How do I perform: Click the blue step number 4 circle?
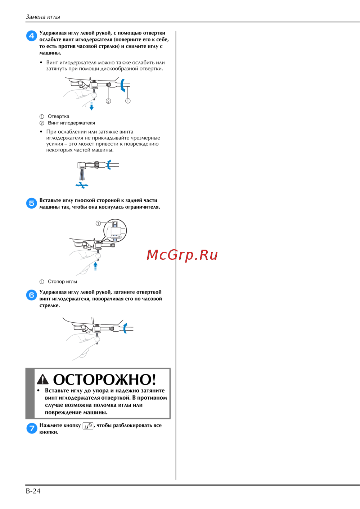pos(32,36)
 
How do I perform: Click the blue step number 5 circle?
pos(32,203)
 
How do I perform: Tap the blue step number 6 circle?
pos(32,295)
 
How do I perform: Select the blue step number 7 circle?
pos(32,428)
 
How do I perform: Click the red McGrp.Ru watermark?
pos(182,255)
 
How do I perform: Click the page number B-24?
pos(33,491)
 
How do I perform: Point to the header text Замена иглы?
pos(43,17)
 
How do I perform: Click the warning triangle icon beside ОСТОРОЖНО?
pos(42,380)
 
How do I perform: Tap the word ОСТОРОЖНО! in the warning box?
pos(104,379)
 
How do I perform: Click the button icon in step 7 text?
pos(88,426)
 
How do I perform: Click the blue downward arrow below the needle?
pos(91,106)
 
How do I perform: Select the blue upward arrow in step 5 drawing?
pos(95,266)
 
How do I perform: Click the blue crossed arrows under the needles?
pos(82,185)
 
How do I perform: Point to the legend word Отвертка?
pos(58,116)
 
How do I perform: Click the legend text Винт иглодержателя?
pos(71,123)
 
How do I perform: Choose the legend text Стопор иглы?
pos(62,282)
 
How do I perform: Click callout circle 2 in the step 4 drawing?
pos(108,101)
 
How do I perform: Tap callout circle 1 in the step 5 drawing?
pos(98,223)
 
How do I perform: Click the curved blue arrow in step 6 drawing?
pos(125,328)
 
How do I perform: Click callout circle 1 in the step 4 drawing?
pos(128,101)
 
